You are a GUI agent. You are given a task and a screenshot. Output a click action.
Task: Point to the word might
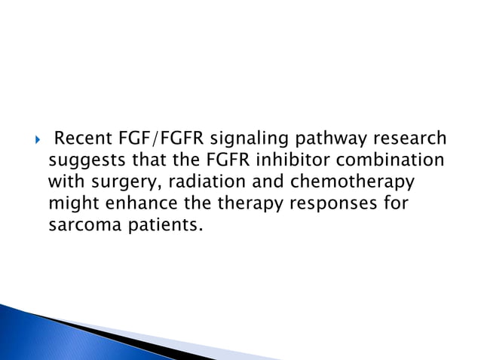[x=69, y=204]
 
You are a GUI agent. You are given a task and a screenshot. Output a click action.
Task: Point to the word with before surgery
[x=63, y=182]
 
